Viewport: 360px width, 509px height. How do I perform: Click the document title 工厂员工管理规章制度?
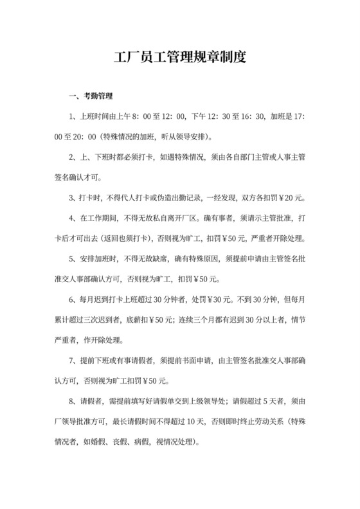tap(179, 57)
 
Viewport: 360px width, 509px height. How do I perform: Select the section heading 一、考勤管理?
tap(90, 97)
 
